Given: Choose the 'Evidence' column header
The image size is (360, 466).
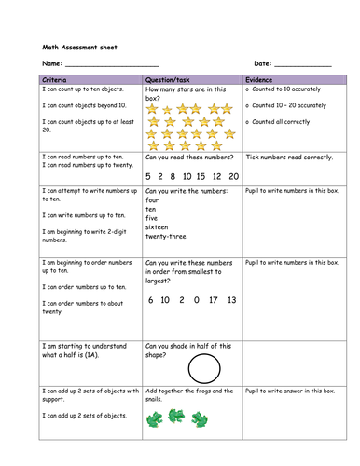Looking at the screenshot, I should point(259,80).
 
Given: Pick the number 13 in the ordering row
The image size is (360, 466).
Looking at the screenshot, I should point(231,300).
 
